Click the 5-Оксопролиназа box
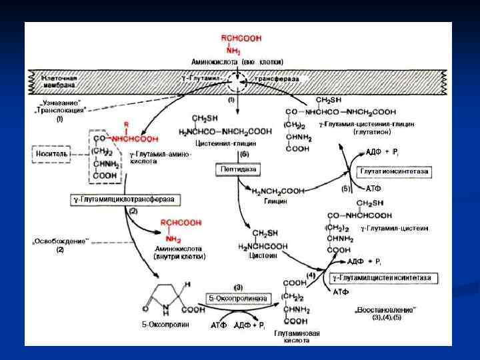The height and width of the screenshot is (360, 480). coord(237,298)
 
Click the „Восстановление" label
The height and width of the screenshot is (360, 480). coord(386,310)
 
